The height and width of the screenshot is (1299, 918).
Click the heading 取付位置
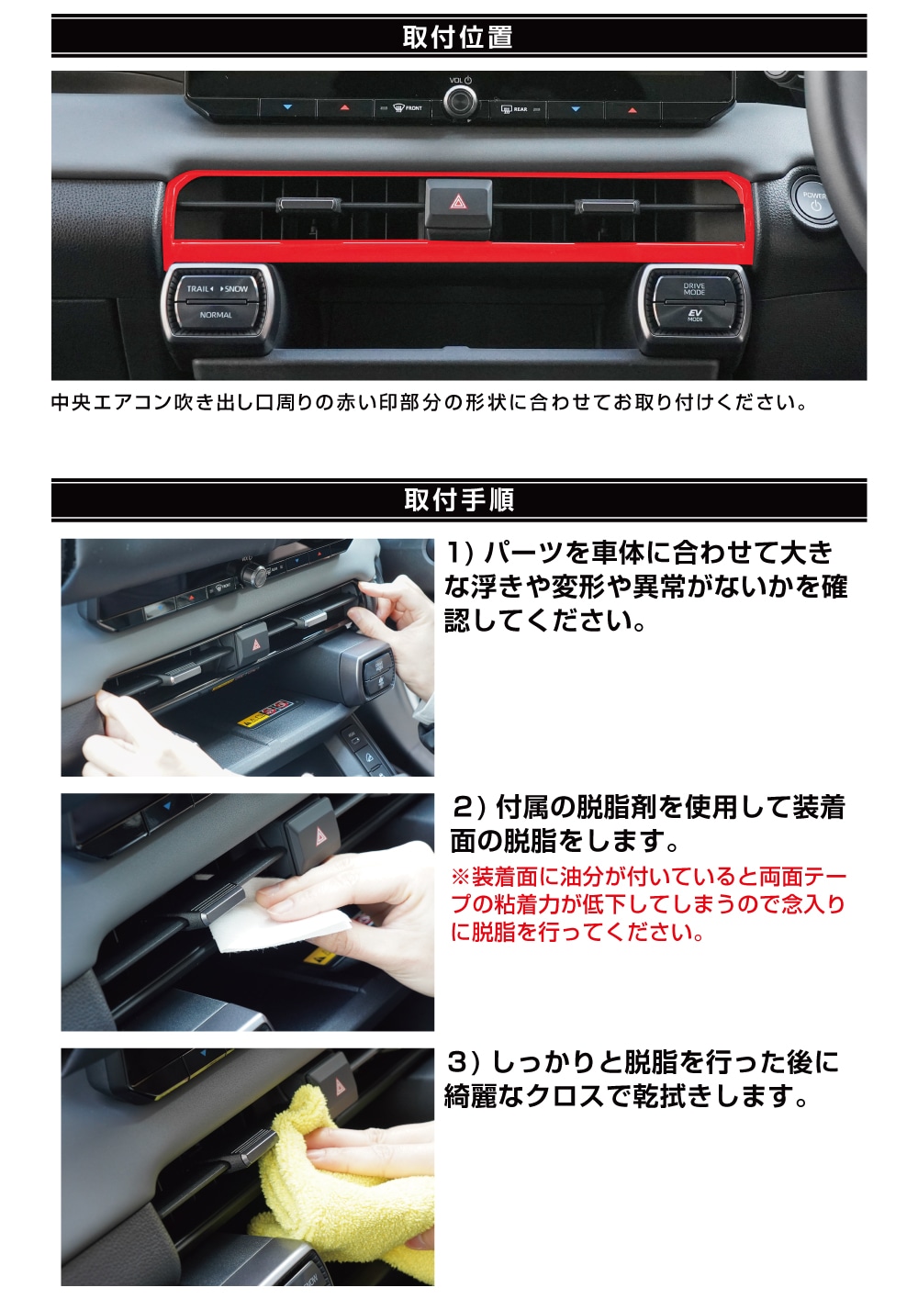[457, 37]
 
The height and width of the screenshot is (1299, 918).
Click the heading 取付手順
[459, 500]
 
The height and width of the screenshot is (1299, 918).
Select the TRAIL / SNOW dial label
[217, 289]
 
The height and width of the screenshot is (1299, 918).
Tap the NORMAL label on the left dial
[216, 315]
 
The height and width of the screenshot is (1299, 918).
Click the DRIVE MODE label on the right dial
[694, 289]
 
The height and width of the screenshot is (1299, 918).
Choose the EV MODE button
[695, 315]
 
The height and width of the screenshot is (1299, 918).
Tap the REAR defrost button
[516, 108]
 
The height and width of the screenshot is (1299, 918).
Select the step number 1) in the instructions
[461, 552]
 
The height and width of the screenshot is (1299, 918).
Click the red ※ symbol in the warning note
[460, 877]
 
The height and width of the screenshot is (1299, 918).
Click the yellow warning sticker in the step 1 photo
[264, 712]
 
